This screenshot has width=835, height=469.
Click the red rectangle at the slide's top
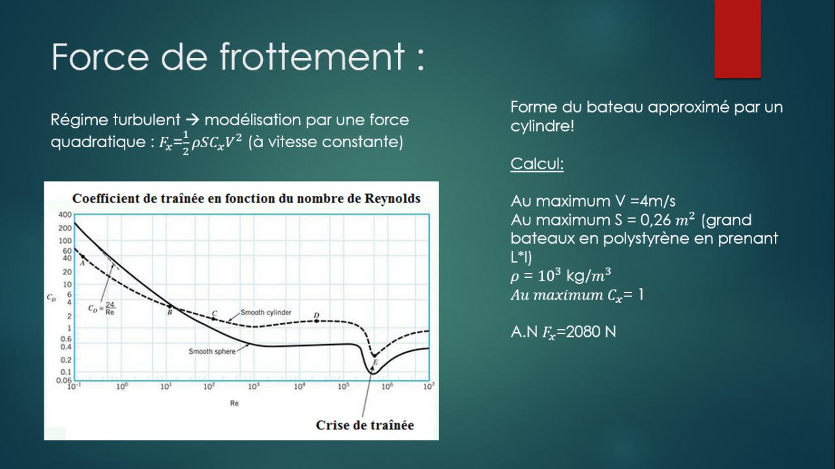pyautogui.click(x=737, y=38)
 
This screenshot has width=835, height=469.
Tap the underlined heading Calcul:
pyautogui.click(x=537, y=163)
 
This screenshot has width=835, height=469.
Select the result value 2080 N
pyautogui.click(x=591, y=332)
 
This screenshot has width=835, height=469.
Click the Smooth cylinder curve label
pyautogui.click(x=266, y=312)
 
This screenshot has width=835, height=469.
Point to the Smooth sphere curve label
pyautogui.click(x=212, y=351)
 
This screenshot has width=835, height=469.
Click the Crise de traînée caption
pyautogui.click(x=365, y=425)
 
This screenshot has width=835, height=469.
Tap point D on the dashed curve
pyautogui.click(x=316, y=320)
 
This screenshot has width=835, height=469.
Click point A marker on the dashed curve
pyautogui.click(x=83, y=257)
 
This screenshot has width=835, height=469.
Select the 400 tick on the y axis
pyautogui.click(x=65, y=214)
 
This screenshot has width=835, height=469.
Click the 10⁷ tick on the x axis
pyautogui.click(x=429, y=387)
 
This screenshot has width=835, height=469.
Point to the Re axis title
pyautogui.click(x=234, y=403)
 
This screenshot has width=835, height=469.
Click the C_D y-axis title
pyautogui.click(x=51, y=298)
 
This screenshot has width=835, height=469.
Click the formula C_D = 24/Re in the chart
pyautogui.click(x=102, y=309)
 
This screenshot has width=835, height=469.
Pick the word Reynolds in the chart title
pyautogui.click(x=392, y=199)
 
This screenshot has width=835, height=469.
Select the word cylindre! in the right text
pyautogui.click(x=542, y=126)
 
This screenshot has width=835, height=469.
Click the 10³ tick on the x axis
pyautogui.click(x=254, y=387)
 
